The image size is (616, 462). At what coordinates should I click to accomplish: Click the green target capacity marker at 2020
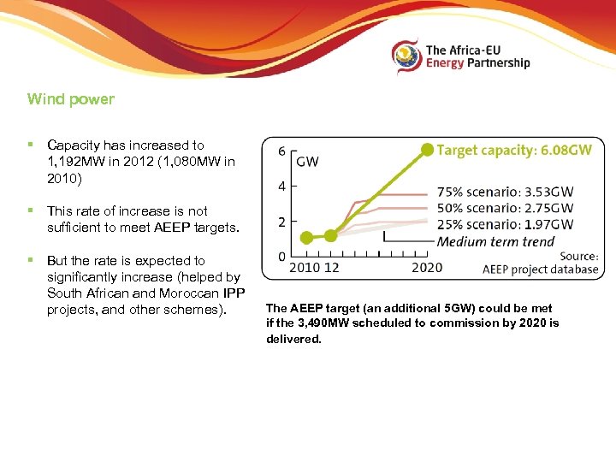pos(427,150)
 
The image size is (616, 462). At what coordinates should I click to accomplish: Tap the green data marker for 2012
pos(330,234)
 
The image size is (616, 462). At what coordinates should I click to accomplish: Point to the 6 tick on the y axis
pos(282,151)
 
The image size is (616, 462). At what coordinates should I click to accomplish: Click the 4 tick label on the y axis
pos(282,186)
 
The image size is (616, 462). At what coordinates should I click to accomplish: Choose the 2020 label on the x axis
pos(427,268)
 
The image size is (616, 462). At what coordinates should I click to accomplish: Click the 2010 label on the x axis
pos(305,268)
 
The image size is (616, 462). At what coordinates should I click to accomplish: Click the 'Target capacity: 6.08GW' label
pos(513,150)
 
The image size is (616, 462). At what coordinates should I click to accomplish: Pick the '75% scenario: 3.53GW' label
pos(505,192)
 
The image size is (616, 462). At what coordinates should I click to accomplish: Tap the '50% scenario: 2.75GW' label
pos(505,208)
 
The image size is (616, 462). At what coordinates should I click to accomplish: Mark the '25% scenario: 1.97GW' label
pos(505,224)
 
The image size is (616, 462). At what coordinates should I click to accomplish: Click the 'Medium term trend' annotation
pos(495,241)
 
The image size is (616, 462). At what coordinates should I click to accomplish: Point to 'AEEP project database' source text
pos(540,269)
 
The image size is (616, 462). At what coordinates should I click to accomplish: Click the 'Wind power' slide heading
pos(71,99)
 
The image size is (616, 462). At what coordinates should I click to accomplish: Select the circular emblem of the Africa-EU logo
pos(406,56)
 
